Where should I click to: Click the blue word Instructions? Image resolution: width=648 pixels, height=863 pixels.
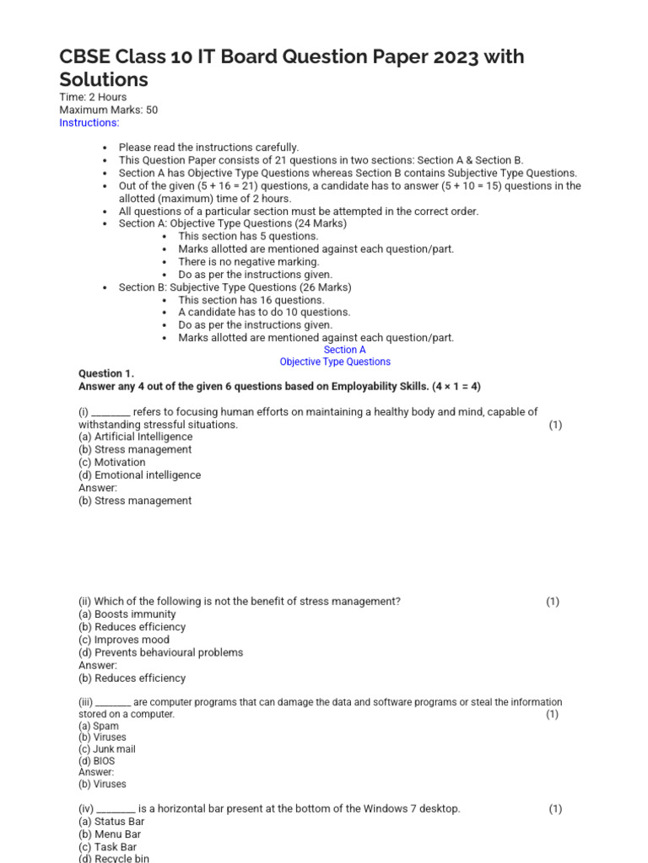pos(89,122)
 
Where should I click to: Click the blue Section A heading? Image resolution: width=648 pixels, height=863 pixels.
pos(344,350)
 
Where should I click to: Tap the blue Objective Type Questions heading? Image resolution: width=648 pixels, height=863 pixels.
pos(335,362)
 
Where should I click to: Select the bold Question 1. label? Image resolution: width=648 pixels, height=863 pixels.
pos(105,373)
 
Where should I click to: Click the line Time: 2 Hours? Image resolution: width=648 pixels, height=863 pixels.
pos(93,97)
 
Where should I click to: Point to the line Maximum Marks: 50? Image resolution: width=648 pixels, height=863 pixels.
pos(108,110)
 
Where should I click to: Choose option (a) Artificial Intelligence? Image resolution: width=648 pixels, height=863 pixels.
pos(135,437)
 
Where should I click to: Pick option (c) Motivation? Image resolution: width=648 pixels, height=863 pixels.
pos(111,462)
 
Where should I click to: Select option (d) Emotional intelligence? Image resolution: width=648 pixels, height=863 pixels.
pos(139,474)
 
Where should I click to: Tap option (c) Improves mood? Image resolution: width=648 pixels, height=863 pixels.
pos(123,640)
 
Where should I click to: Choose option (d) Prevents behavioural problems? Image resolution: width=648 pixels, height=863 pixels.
pos(160,652)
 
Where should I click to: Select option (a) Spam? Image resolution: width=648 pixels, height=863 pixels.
pos(99,726)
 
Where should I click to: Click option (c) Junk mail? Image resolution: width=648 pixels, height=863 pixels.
pos(106,749)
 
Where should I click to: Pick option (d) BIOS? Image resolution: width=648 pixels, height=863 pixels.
pos(96,761)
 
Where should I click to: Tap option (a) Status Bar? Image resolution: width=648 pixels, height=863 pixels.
pos(111,822)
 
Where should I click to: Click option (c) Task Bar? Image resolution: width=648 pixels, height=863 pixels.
pos(107,847)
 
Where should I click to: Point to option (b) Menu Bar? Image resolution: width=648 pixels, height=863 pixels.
pos(110,834)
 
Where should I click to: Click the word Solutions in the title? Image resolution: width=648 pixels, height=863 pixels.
pos(103,79)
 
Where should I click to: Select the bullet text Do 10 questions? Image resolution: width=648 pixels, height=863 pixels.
pos(264,312)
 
